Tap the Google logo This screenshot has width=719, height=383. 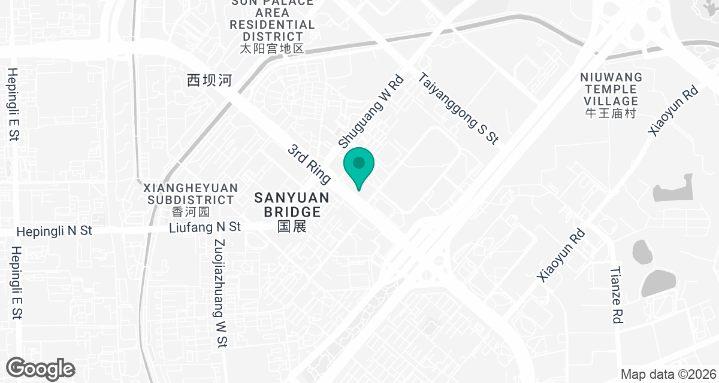(x=40, y=368)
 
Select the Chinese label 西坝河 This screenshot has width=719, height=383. (x=209, y=81)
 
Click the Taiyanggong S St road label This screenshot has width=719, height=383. (x=458, y=108)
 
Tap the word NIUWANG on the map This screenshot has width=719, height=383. (x=611, y=77)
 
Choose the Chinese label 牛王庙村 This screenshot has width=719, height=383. (x=611, y=113)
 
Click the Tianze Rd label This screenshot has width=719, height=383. (x=615, y=295)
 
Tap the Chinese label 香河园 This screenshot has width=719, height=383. (x=191, y=212)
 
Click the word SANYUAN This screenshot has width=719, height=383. (x=292, y=197)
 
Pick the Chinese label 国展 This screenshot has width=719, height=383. (x=292, y=226)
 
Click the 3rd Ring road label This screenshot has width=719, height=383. (x=309, y=163)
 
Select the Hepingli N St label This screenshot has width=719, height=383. (x=55, y=231)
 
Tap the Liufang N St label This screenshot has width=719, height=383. (x=205, y=227)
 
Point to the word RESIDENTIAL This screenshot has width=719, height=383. (x=273, y=25)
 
